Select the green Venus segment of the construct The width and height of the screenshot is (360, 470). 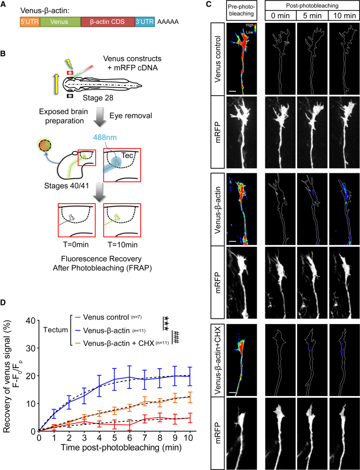click(x=60, y=23)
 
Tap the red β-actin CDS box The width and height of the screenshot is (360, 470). click(x=107, y=23)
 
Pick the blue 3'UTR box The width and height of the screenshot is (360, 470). click(x=145, y=23)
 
